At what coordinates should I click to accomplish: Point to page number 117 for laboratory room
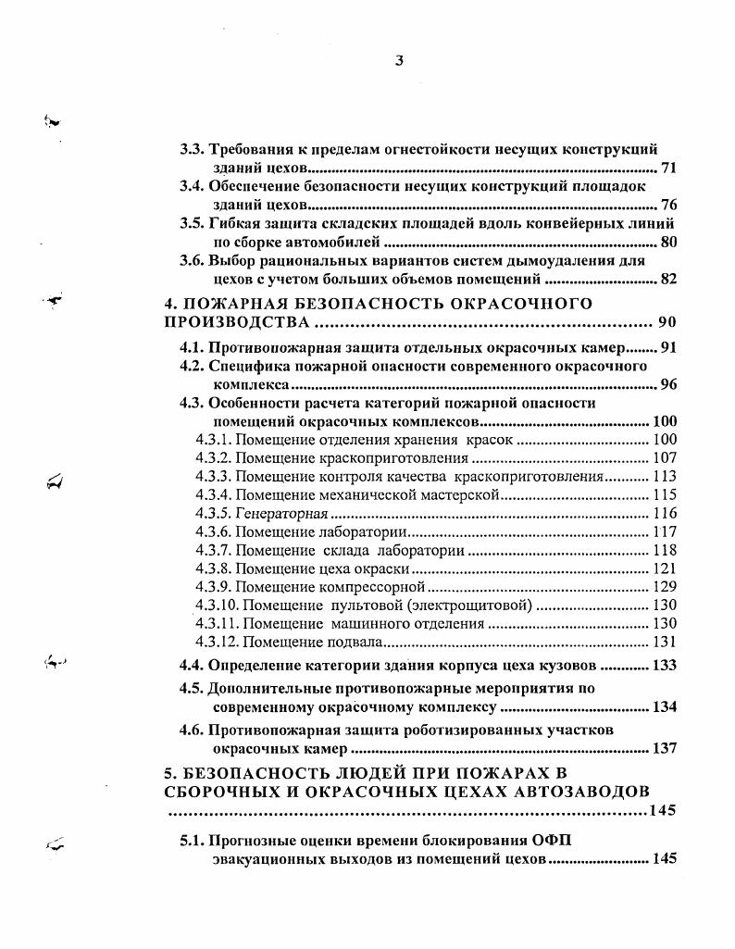[665, 531]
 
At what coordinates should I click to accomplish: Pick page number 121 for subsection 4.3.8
[665, 568]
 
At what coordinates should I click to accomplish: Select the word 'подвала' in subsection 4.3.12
[355, 643]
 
